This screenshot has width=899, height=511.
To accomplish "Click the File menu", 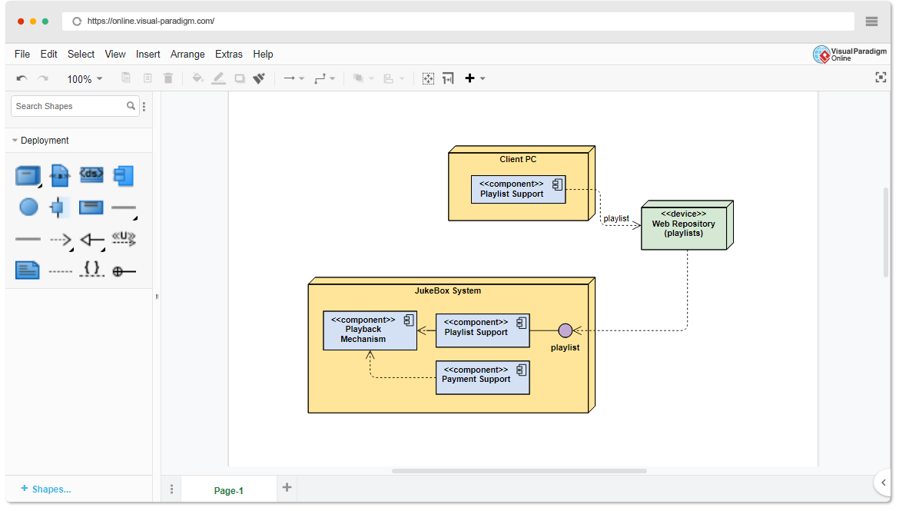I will (x=22, y=54).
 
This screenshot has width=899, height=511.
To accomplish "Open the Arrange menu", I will (x=187, y=54).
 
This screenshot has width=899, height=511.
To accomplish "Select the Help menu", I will (x=263, y=54).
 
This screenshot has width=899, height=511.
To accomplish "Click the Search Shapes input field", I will (x=69, y=106).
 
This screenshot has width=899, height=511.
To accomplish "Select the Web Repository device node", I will (x=684, y=228).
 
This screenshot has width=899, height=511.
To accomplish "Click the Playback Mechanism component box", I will (x=370, y=330).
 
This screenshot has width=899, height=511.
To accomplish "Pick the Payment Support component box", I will (x=483, y=377).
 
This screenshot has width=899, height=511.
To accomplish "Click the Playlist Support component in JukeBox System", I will (x=483, y=330).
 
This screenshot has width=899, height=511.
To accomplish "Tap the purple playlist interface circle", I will (x=566, y=330).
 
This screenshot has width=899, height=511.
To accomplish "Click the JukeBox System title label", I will (x=448, y=290).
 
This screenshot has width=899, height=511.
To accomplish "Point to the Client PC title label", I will (x=518, y=159).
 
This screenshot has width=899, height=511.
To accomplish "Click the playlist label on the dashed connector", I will (x=616, y=218).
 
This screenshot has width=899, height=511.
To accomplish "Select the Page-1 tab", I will (x=228, y=490).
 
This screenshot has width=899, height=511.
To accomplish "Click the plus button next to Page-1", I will (x=287, y=487).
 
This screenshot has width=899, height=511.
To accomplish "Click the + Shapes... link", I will (x=46, y=489).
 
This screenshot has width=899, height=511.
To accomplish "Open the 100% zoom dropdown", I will (x=85, y=79).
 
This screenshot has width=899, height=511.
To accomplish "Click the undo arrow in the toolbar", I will (x=22, y=78).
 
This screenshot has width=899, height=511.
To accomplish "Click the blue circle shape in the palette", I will (x=28, y=207).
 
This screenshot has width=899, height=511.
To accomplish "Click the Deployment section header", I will (x=45, y=141).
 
